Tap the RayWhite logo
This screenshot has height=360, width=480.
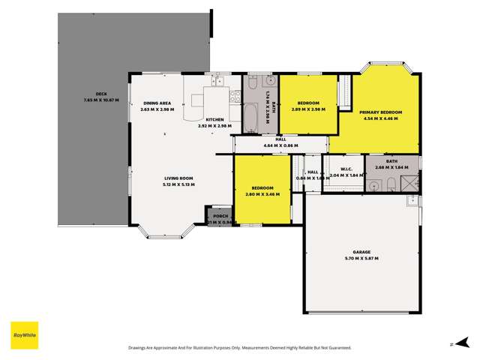click(24, 334)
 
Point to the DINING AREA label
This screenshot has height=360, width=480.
click(157, 103)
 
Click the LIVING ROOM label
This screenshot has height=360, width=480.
click(179, 178)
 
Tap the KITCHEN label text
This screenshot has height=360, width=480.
click(214, 119)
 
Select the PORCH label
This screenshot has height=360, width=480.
click(220, 216)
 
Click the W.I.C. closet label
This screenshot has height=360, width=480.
click(346, 169)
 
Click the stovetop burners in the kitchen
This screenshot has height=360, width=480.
click(235, 95)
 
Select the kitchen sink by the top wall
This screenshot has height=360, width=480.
click(218, 80)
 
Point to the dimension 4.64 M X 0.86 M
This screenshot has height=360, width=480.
click(280, 145)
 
